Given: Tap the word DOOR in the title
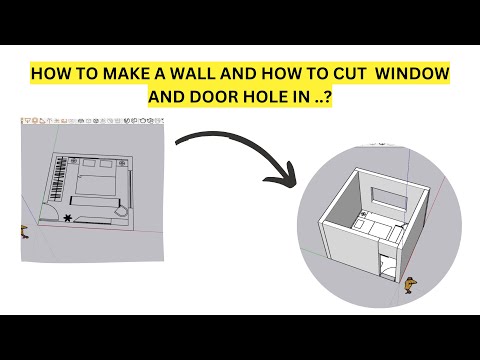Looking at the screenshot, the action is point(213,97).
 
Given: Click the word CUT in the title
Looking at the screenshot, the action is point(350,73).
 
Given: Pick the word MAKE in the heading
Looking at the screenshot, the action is point(125,73).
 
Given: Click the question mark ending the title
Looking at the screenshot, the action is point(327,97).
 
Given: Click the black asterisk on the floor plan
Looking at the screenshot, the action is point(68,218).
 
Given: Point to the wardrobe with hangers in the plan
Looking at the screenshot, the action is point(59,179).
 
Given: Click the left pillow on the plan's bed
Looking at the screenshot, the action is point(89,163).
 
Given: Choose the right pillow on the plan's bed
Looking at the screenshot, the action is point(106,163).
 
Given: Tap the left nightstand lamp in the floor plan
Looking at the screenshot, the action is point(74,161).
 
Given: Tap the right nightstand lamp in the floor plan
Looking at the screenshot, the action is point(122,163).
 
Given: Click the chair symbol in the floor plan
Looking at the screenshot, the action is point(121,212).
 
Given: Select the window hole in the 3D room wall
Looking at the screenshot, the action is point(389,198).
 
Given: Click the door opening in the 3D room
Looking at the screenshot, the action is point(387,266).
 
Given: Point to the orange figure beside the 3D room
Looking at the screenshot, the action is point(410,286).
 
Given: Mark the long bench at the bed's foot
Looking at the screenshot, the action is point(95,201).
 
